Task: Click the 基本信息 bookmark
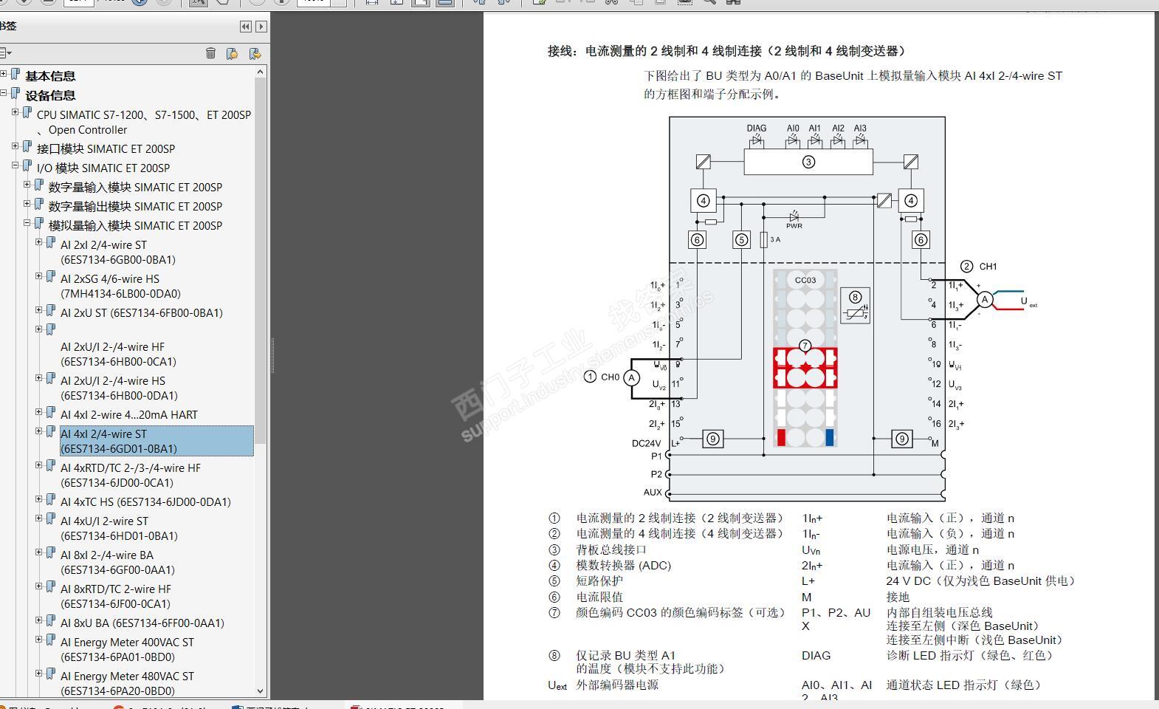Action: coord(50,76)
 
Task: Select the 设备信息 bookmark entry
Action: coord(50,95)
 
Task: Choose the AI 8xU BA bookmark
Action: coord(142,623)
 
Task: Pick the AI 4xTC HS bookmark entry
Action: coord(145,501)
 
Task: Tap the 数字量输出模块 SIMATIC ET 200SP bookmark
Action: coord(135,206)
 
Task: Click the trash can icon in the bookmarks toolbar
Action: coord(210,53)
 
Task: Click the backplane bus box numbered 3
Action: coord(808,162)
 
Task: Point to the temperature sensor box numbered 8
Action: coord(855,305)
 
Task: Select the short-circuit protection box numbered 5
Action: coord(741,239)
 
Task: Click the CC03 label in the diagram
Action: coord(805,280)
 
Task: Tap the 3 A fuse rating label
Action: coord(775,239)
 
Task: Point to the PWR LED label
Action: coord(794,226)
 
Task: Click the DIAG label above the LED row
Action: coord(757,128)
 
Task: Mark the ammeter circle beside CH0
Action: coord(631,377)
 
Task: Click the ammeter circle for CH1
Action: coord(984,299)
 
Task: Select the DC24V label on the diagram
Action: coord(646,443)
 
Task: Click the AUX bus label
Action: coord(653,492)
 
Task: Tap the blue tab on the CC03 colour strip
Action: coord(829,437)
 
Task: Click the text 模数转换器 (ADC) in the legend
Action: coord(624,565)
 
